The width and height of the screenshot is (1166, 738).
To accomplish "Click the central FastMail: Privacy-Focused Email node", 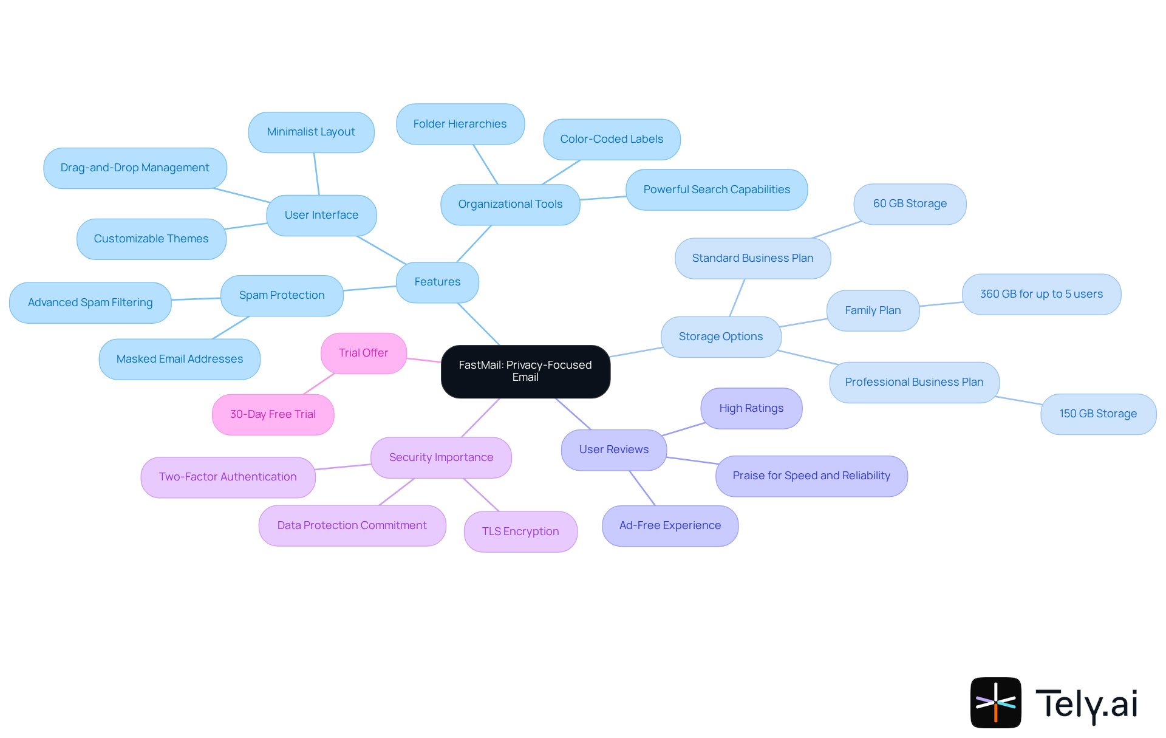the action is pos(525,371).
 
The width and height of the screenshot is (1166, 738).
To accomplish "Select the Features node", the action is pos(437,282).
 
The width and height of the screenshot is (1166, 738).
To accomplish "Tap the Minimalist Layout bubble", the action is pos(311,132).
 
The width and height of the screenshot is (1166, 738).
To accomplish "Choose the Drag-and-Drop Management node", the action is pos(135,168).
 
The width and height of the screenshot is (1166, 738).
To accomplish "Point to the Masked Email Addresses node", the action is pos(180,359).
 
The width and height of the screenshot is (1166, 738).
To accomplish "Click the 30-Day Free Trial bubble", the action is pos(273,414).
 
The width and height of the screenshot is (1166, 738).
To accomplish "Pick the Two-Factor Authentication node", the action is pos(228,477).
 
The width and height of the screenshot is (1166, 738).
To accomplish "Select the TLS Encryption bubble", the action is pos(520,531).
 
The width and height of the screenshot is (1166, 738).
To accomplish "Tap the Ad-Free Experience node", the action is pos(670,525).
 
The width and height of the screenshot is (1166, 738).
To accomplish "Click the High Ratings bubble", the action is pos(751,408).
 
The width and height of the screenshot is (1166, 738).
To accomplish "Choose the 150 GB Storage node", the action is pos(1098,414).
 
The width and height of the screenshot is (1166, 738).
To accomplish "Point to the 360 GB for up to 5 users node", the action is pos(1041,294).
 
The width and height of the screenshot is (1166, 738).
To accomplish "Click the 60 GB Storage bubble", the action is pos(910,203).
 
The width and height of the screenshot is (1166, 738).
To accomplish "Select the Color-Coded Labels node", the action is pos(612,139).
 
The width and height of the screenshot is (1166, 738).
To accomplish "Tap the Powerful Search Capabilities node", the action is pos(717,190).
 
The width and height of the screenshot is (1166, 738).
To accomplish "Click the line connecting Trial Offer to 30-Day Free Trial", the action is pos(319,384).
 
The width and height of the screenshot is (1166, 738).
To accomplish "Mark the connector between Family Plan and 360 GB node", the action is pos(941,304).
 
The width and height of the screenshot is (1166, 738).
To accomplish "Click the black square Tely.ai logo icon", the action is pos(995,702).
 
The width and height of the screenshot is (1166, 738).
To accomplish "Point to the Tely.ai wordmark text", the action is pos(1086,704).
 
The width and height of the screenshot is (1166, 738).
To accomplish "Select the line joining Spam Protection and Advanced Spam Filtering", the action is pos(196,299).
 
